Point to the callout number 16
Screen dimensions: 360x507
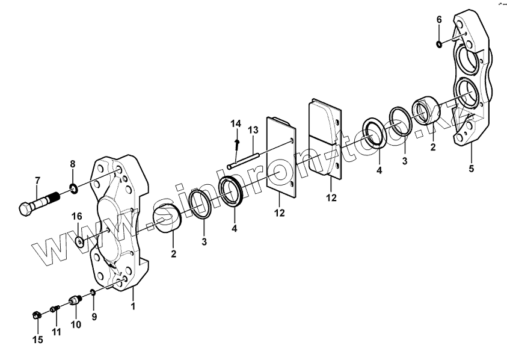pyautogui.click(x=77, y=216)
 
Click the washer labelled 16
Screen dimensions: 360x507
pyautogui.click(x=80, y=243)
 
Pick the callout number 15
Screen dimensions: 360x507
pyautogui.click(x=38, y=340)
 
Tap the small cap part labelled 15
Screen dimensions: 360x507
pyautogui.click(x=37, y=314)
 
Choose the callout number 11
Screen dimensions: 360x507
pyautogui.click(x=57, y=332)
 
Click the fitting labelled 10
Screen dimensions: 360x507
pyautogui.click(x=76, y=299)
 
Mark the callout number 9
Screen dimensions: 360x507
pyautogui.click(x=94, y=316)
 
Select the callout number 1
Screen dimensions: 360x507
pyautogui.click(x=134, y=306)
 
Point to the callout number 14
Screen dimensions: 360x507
pyautogui.click(x=236, y=123)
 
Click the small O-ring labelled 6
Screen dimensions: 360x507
pyautogui.click(x=440, y=43)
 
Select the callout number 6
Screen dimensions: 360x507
pyautogui.click(x=439, y=20)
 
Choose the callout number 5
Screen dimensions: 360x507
pyautogui.click(x=472, y=169)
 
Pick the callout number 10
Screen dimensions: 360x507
pyautogui.click(x=76, y=325)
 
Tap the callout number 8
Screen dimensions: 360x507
pyautogui.click(x=73, y=164)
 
